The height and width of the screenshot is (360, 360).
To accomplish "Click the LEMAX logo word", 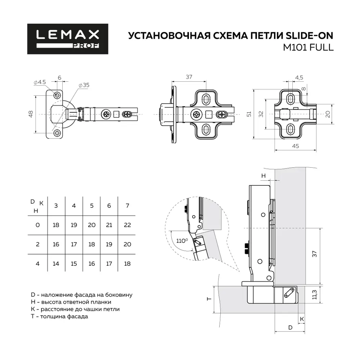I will tap(68, 35).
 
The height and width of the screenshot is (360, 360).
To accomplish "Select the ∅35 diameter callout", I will tap(84, 85).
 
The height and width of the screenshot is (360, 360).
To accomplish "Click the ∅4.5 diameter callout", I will tap(40, 82).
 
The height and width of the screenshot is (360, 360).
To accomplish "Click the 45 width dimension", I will tap(296, 146).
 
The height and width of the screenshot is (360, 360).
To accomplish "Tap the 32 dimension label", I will tap(261, 114).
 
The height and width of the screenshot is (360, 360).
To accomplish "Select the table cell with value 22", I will tap(127, 225).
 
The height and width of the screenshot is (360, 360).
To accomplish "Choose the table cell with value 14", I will tap(56, 264).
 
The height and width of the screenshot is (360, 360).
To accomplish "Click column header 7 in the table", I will tap(127, 206).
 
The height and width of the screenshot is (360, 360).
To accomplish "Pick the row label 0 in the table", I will tap(37, 225).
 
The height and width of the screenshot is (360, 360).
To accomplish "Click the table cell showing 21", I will tap(109, 225).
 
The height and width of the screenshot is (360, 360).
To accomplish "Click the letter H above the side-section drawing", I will tap(264, 176).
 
